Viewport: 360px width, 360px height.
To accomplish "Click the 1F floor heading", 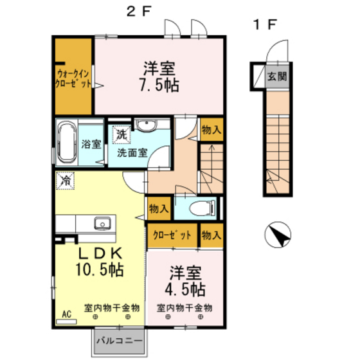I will [x=264, y=25].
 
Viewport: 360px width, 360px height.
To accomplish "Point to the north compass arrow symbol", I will [x=278, y=235].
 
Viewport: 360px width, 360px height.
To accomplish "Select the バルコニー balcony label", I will [x=121, y=339].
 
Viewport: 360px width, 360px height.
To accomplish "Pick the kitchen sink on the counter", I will [x=102, y=224].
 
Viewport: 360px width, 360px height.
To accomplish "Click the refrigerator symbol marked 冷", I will [x=66, y=181].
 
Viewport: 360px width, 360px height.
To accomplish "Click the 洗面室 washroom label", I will [x=132, y=153].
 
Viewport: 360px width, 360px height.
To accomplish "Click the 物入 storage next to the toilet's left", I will [x=158, y=208].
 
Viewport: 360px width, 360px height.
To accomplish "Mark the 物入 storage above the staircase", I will [x=211, y=130].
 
